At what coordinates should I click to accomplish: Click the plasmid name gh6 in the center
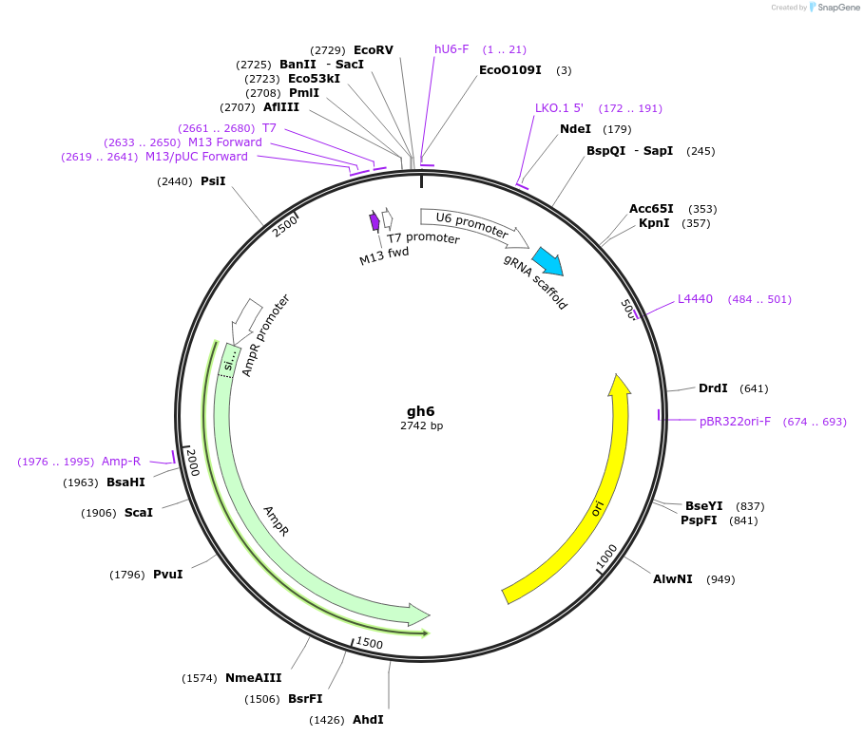[x=420, y=411]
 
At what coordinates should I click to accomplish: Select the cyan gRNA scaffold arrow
[x=547, y=261]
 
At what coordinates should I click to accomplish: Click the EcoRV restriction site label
[x=373, y=49]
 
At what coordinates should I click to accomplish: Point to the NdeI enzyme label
[x=575, y=129]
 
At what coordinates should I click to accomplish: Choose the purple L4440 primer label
[x=695, y=299]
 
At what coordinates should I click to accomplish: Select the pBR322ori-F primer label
[x=735, y=421]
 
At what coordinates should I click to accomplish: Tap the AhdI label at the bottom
[x=368, y=719]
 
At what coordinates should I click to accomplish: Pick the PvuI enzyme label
[x=167, y=574]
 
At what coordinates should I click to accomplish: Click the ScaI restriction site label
[x=138, y=512]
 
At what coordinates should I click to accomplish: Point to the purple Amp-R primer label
[x=121, y=462]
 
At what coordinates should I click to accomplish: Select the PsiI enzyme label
[x=213, y=180]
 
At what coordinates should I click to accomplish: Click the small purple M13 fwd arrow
[x=374, y=221]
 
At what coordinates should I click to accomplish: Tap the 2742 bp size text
[x=421, y=425]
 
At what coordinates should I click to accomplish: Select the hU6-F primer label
[x=451, y=49]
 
